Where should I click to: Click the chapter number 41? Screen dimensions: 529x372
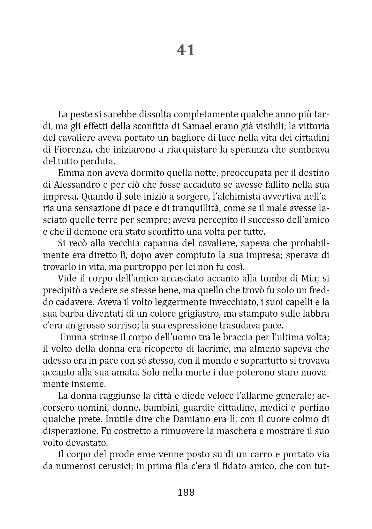(186, 50)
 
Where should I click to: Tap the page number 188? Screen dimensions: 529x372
(186, 492)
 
